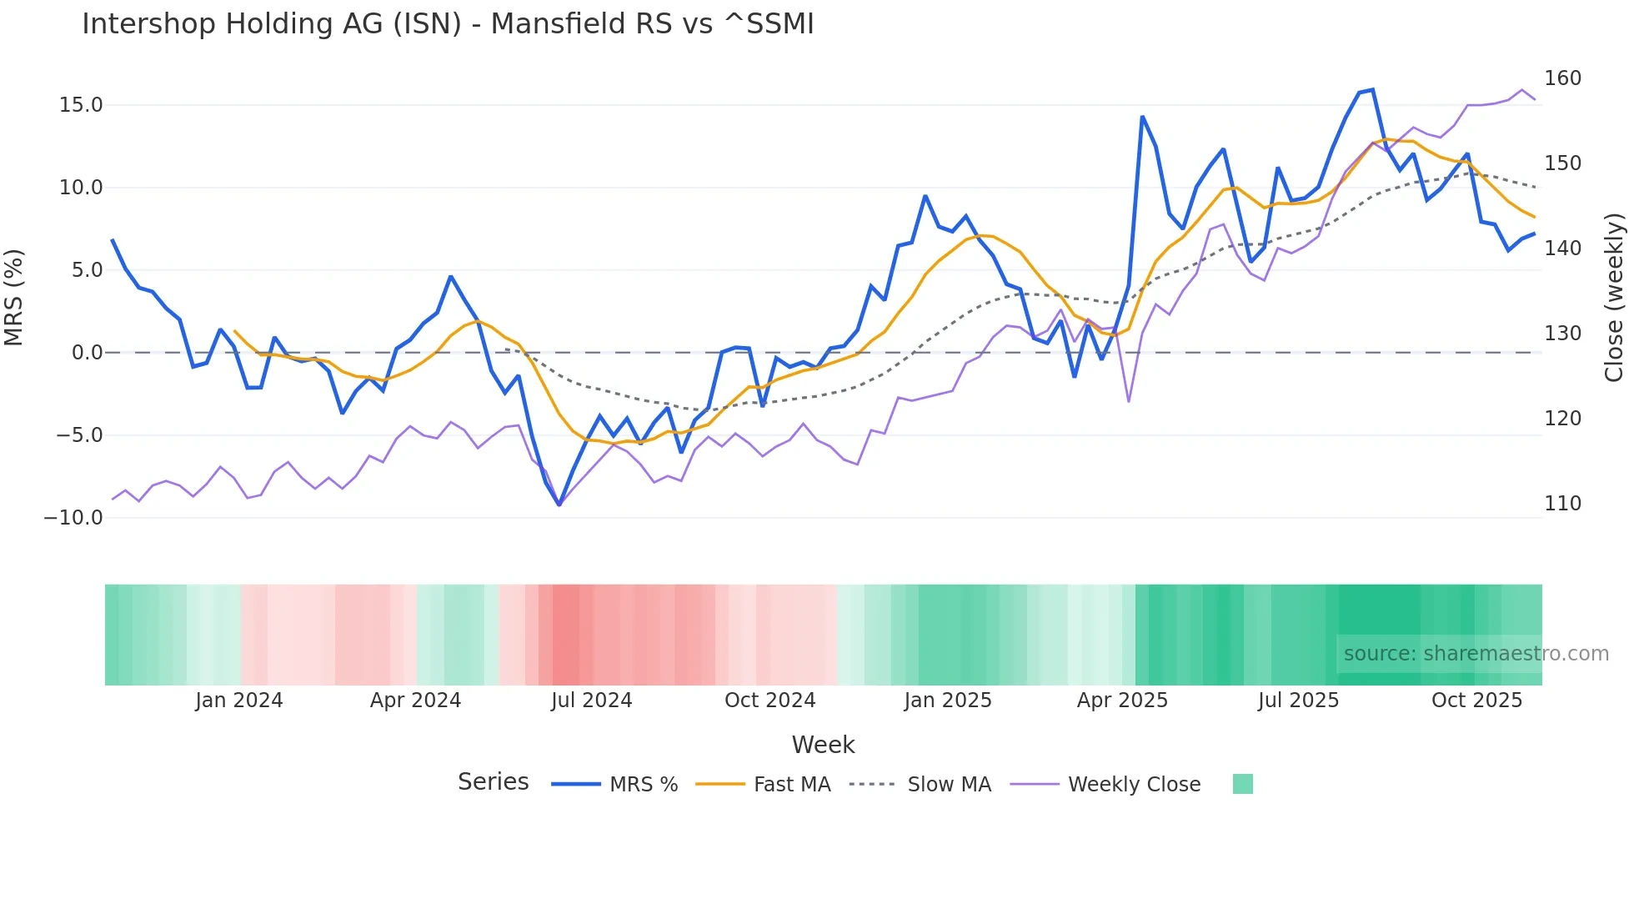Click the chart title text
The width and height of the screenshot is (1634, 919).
448,24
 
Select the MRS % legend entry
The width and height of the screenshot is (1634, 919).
643,785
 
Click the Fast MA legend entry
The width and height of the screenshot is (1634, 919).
791,785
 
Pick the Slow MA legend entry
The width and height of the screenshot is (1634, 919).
949,785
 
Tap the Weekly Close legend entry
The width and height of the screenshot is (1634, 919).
1134,785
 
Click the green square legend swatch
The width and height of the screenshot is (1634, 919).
1242,784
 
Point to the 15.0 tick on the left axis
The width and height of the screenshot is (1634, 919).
81,105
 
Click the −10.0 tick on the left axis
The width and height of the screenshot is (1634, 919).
73,518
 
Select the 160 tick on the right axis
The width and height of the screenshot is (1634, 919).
1562,78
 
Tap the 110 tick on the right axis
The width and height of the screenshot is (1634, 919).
1562,504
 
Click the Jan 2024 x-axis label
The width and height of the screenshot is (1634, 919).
239,701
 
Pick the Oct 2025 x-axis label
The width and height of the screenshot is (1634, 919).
1476,701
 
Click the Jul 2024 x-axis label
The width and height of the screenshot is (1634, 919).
591,701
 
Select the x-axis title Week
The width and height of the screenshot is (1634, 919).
823,745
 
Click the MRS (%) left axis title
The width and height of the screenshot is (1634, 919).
14,298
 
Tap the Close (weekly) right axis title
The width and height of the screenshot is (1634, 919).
1615,298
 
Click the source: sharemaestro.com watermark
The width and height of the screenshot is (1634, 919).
1476,654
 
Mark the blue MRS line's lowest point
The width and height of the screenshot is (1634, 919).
559,505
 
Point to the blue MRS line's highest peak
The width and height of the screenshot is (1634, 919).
1372,89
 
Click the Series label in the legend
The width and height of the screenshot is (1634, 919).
493,782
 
